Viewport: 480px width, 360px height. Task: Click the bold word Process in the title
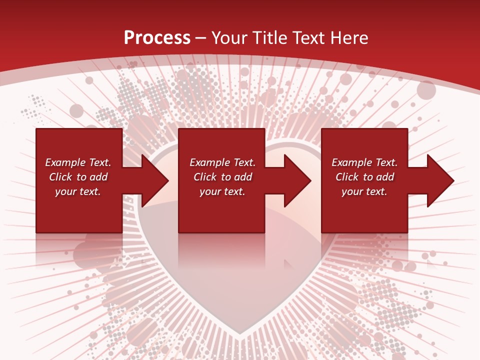tap(157, 38)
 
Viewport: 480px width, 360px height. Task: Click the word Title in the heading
tap(270, 38)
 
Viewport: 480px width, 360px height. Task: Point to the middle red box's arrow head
tap(296, 180)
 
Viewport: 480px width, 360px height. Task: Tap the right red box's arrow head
tap(439, 180)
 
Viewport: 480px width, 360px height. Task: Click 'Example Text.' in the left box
tap(78, 162)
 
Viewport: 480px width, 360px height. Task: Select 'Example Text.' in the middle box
tap(222, 162)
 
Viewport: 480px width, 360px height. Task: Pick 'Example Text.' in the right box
tap(364, 162)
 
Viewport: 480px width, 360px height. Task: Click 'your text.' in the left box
tap(78, 191)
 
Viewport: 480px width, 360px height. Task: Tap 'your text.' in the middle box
tap(222, 191)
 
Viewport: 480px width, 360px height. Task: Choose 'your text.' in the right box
tap(364, 191)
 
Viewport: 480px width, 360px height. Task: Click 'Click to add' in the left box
tap(78, 177)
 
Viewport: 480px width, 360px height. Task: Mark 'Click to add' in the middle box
tap(222, 177)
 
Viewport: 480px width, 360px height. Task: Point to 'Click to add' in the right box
tap(364, 177)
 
